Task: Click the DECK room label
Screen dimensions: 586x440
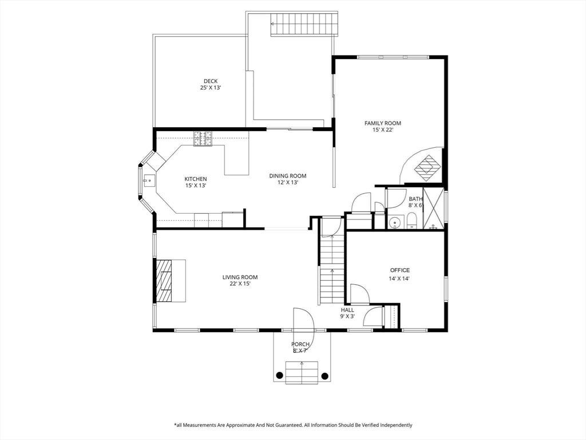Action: pyautogui.click(x=211, y=81)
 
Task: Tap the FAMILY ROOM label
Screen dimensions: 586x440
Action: pyautogui.click(x=383, y=123)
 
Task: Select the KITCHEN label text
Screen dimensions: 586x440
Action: pyautogui.click(x=196, y=179)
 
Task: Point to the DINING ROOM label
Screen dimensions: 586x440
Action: pyautogui.click(x=288, y=176)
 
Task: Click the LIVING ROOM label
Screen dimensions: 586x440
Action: pyautogui.click(x=240, y=277)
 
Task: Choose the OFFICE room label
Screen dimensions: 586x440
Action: pyautogui.click(x=400, y=270)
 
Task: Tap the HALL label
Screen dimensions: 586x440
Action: pyautogui.click(x=347, y=310)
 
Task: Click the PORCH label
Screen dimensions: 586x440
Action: pyautogui.click(x=300, y=344)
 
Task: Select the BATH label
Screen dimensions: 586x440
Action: pyautogui.click(x=415, y=199)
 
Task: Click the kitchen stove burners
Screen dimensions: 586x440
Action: pyautogui.click(x=203, y=139)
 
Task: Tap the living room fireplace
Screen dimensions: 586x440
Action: pyautogui.click(x=164, y=281)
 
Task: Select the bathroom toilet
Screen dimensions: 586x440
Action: pyautogui.click(x=411, y=221)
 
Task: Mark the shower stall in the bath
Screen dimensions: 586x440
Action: pyautogui.click(x=434, y=209)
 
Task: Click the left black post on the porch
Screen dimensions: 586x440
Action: pyautogui.click(x=279, y=375)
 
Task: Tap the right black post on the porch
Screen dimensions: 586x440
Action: pyautogui.click(x=324, y=375)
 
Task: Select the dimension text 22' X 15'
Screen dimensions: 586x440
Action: pyautogui.click(x=240, y=284)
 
